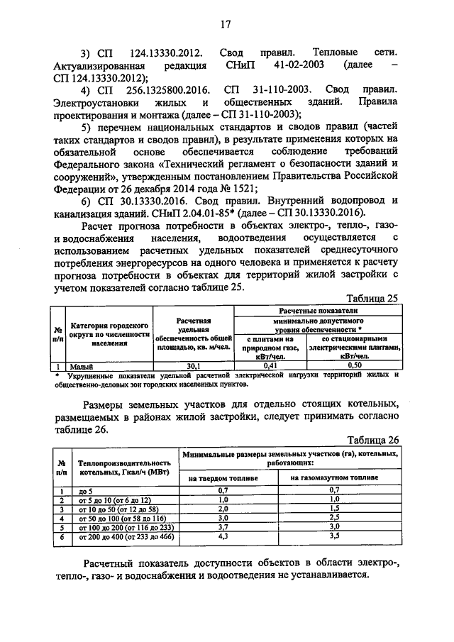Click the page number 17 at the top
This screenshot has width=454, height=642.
[226, 24]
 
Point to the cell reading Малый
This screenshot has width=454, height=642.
[79, 365]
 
